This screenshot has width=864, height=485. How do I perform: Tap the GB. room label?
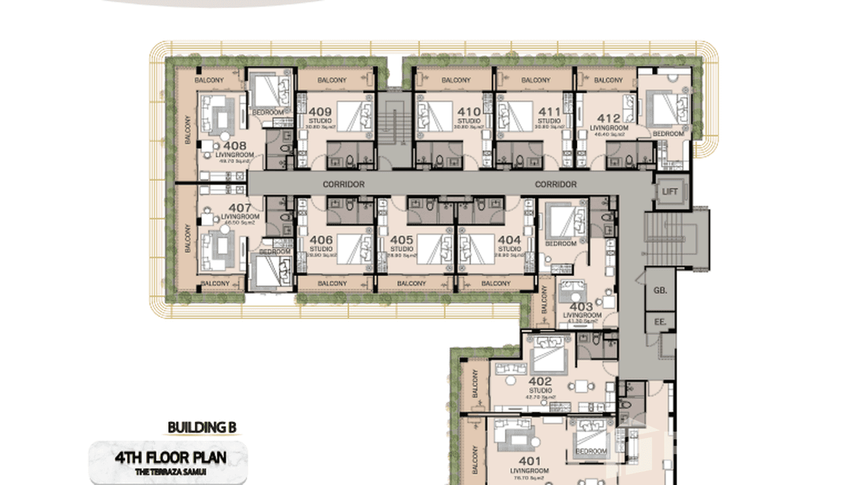coord(661,290)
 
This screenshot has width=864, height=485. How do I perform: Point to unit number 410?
coord(469,112)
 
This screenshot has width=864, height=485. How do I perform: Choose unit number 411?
coord(549,112)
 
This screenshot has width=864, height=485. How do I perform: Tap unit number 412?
coord(608,118)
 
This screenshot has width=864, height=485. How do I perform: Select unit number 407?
coord(239,208)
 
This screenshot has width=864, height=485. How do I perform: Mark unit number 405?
coord(402,240)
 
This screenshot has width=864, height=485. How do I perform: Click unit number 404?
coord(509,240)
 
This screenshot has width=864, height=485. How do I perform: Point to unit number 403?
coord(581,307)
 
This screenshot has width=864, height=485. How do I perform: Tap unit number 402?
coord(540,381)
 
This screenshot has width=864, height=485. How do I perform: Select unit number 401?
coord(529,461)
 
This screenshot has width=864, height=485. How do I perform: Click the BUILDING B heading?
coord(202,427)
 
